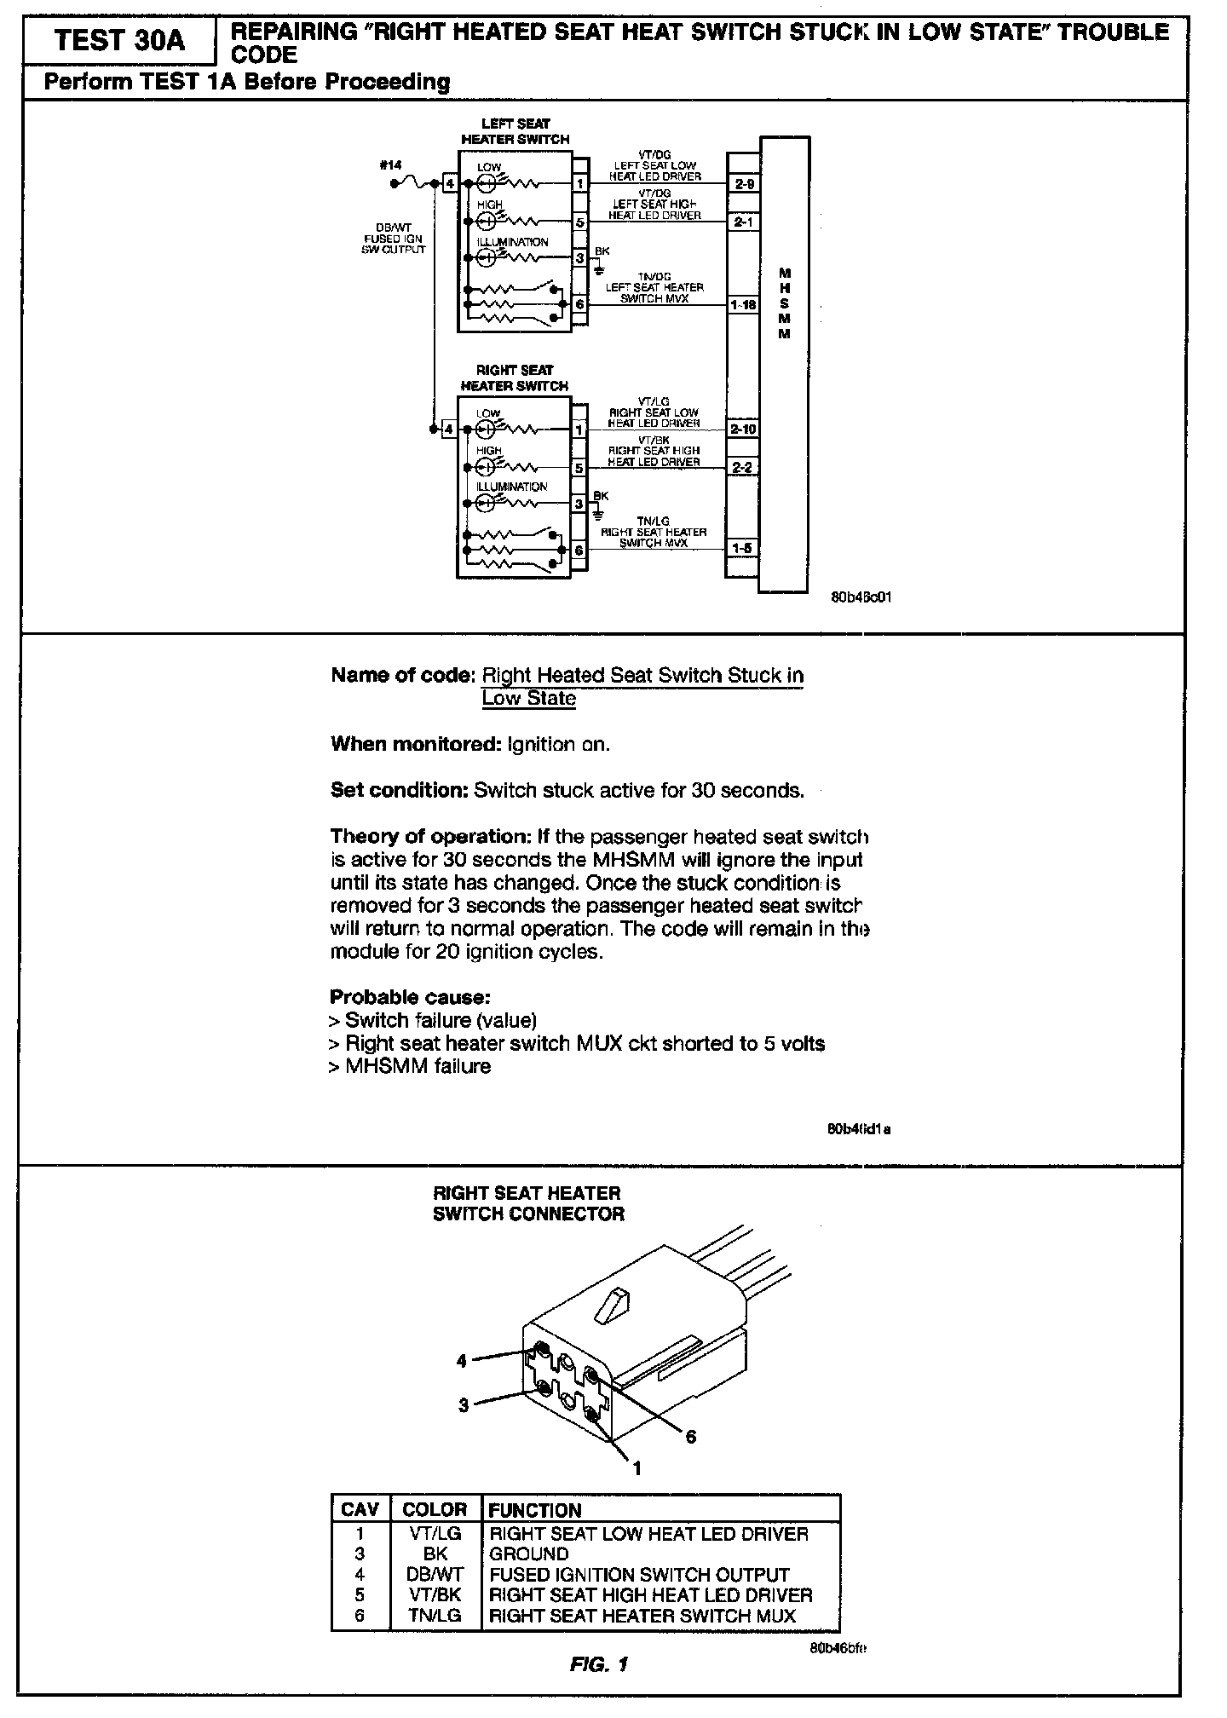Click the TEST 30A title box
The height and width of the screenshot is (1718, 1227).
click(119, 41)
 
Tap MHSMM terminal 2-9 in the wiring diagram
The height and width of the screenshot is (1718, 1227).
click(743, 183)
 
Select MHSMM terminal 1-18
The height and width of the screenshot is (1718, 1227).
click(743, 304)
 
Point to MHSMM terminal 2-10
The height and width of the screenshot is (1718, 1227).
click(743, 429)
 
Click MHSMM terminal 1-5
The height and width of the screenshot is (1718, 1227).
click(743, 548)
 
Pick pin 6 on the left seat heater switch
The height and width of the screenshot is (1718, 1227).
click(579, 304)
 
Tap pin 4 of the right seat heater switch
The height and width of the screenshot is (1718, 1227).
click(449, 429)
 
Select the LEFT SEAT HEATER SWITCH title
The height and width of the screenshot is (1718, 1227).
click(516, 131)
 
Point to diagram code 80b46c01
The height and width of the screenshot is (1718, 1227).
click(861, 597)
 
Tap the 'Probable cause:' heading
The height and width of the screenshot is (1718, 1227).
click(410, 997)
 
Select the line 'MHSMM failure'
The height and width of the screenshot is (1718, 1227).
click(418, 1066)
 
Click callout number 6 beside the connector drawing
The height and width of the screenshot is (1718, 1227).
click(690, 1437)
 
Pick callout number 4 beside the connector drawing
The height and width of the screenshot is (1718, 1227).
click(462, 1361)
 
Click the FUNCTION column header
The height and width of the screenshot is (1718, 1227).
click(535, 1510)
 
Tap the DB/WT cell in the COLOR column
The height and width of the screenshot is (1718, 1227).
click(435, 1574)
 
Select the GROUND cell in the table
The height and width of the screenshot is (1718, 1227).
click(529, 1554)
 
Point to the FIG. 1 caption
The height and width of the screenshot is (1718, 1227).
click(599, 1663)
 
